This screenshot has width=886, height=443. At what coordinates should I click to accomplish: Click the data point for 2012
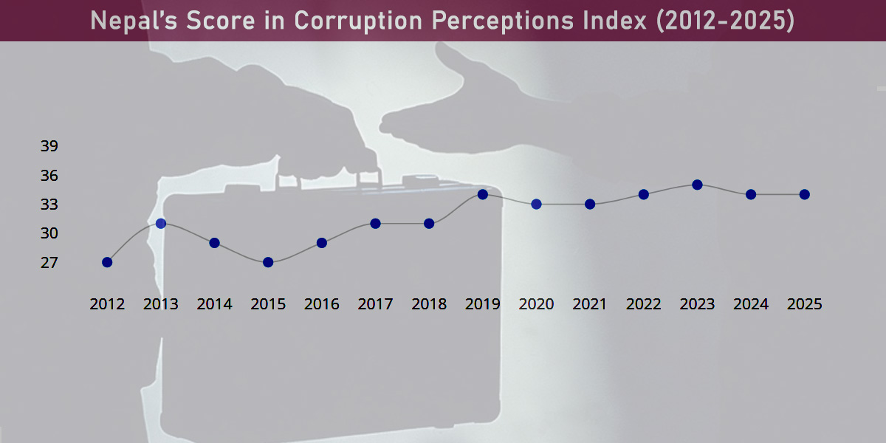pos(107,262)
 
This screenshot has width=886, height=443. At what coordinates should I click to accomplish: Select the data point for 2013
pos(161,223)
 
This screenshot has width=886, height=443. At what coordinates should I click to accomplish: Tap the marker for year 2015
pos(268,262)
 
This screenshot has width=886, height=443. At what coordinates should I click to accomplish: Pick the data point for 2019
pos(483,194)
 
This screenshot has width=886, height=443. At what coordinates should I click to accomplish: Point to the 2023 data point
pos(697,185)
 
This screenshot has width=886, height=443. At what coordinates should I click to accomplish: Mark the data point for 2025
pos(805,194)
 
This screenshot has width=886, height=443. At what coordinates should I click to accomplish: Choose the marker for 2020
pos(537,204)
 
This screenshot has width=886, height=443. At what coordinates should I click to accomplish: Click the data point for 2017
pos(375,223)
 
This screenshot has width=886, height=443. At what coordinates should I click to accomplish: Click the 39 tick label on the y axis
pos(49,146)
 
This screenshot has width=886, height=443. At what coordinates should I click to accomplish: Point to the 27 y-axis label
pos(49,263)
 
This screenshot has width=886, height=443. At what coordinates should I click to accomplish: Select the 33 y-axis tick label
pos(49,205)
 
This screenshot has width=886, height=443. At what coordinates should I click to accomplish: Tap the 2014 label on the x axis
pos(215,304)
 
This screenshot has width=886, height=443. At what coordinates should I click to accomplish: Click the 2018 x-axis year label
pos(429,304)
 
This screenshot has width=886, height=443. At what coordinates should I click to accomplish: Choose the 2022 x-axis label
pos(644,304)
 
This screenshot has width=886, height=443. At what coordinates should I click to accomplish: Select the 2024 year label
pos(751,304)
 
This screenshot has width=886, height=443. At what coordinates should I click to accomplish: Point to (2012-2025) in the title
pos(725,21)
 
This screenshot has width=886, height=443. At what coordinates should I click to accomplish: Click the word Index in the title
pos(616,21)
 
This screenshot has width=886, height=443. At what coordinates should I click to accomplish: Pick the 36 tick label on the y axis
pos(49,176)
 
